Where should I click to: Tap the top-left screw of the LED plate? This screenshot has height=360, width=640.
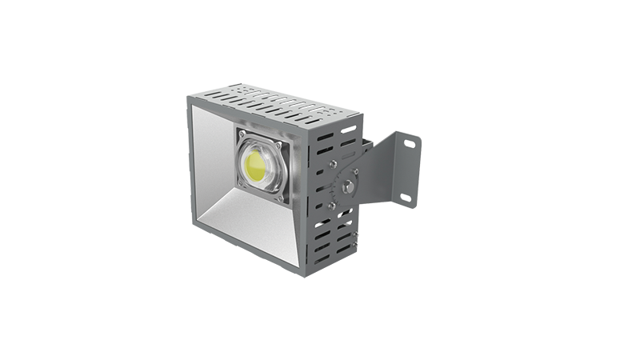point(242,133)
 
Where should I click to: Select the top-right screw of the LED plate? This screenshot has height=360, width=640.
point(278,146)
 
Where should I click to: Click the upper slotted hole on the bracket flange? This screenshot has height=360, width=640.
point(410,144)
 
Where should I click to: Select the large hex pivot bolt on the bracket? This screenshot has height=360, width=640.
point(347,186)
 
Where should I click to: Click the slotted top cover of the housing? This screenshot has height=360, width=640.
point(264,105)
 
